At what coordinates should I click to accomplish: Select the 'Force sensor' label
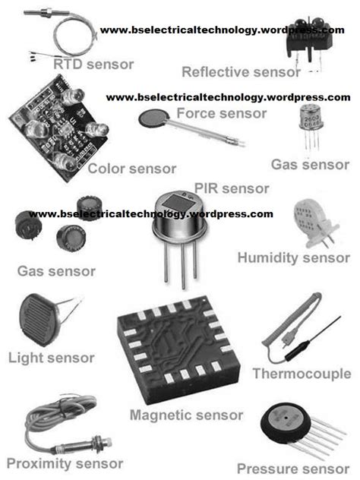pos(221,114)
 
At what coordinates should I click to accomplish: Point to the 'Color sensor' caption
pos(132,169)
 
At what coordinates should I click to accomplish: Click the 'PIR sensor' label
pos(232,188)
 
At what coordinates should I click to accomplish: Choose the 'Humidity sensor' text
pos(294,257)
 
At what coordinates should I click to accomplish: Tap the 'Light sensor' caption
pos(51,357)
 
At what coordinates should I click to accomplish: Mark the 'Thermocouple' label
pos(302,374)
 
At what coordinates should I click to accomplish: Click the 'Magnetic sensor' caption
pos(186,415)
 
